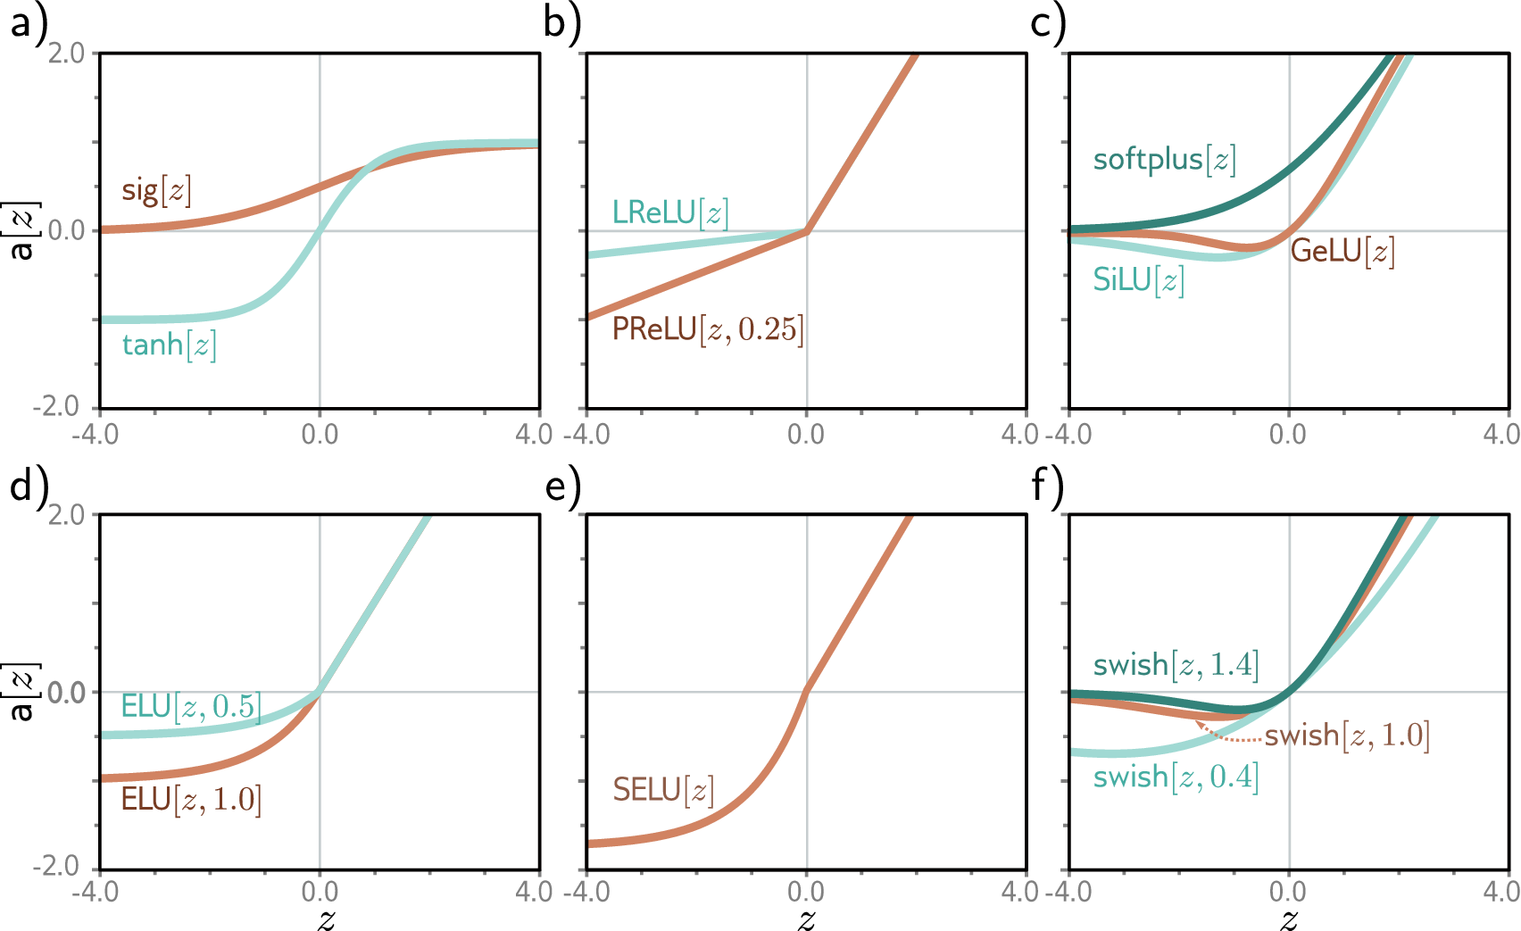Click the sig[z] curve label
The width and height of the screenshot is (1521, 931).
(x=156, y=190)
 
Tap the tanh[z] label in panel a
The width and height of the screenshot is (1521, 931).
(x=169, y=345)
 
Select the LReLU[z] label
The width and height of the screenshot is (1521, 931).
(x=669, y=212)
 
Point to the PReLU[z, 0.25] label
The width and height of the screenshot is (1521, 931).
(x=707, y=329)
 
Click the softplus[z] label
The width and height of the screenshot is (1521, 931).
(x=1164, y=160)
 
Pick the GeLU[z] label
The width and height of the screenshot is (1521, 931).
(x=1342, y=252)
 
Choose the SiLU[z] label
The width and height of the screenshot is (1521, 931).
(x=1138, y=280)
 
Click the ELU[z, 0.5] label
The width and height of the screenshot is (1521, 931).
(x=190, y=707)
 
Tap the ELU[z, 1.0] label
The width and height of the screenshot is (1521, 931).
(x=190, y=799)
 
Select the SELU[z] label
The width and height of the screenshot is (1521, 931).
(x=662, y=790)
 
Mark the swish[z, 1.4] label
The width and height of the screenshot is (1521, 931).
(x=1176, y=665)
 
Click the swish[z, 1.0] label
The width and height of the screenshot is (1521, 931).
(x=1346, y=736)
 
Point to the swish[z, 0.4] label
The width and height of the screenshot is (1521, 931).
(x=1176, y=777)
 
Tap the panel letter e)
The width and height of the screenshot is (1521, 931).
(x=562, y=487)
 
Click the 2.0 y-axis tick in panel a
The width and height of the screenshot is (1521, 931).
(x=66, y=54)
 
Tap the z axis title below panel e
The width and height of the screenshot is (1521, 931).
(x=806, y=919)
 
